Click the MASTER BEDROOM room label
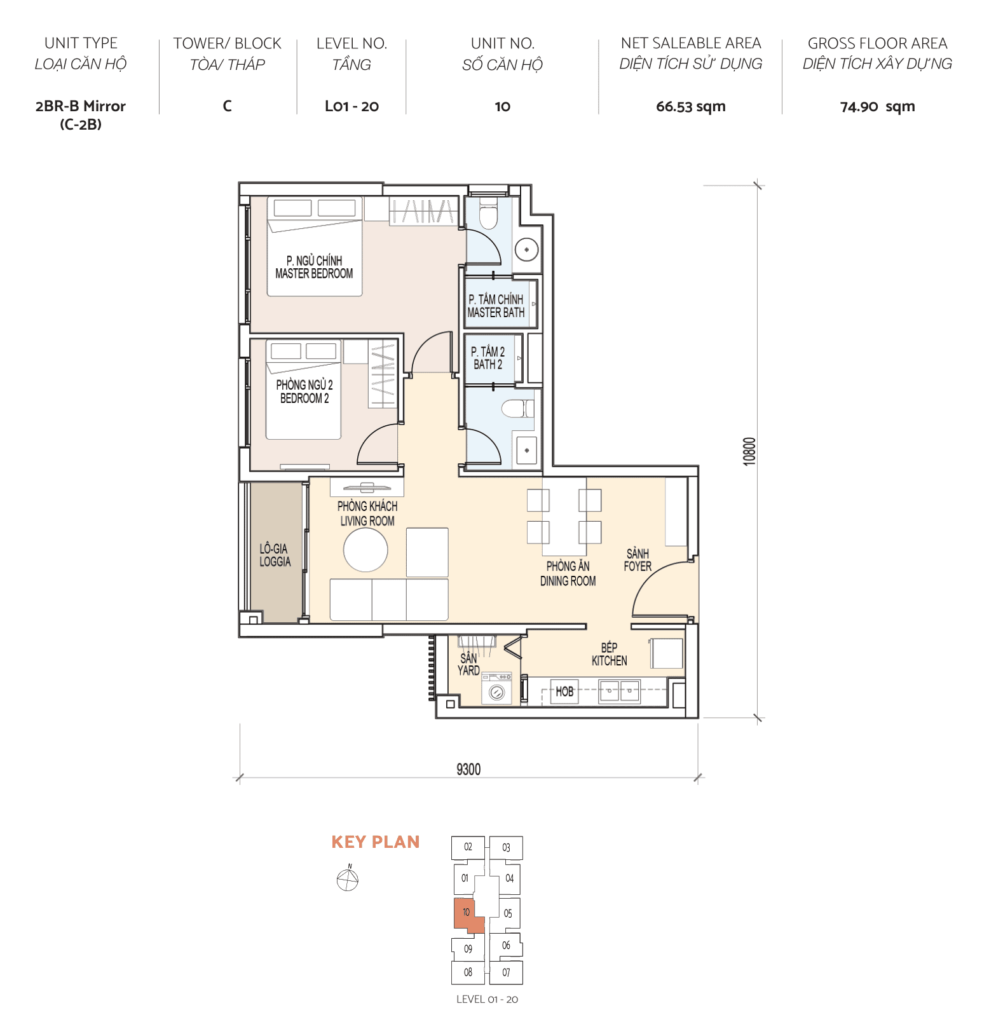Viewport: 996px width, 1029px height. [x=314, y=268]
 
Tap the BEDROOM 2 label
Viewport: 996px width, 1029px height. [x=304, y=392]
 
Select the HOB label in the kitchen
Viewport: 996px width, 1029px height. [x=564, y=692]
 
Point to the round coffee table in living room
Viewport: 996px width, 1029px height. [x=365, y=550]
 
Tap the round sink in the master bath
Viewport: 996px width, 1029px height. [x=526, y=250]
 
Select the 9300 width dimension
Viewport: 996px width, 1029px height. [x=468, y=770]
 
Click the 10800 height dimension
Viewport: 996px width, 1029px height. [x=750, y=451]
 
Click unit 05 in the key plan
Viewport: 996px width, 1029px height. [x=508, y=914]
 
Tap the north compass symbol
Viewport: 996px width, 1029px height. [x=348, y=880]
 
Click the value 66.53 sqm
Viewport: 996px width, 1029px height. [x=690, y=107]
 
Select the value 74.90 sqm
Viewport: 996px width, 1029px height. [x=877, y=107]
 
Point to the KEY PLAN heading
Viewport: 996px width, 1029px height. [x=376, y=842]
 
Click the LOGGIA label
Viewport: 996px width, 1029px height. [x=275, y=555]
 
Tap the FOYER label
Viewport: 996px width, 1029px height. [x=638, y=560]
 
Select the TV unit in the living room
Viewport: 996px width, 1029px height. [x=367, y=488]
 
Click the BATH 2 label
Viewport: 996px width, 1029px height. [x=488, y=358]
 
